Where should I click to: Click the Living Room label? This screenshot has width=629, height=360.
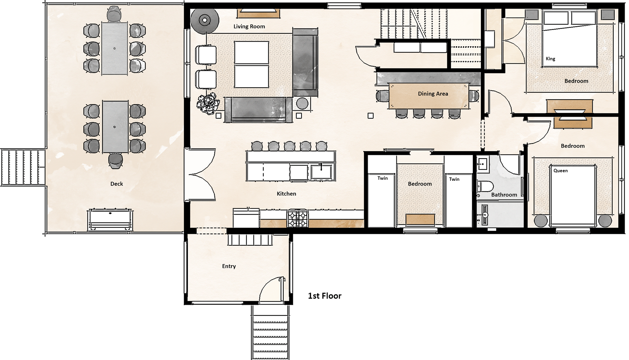pyautogui.click(x=249, y=27)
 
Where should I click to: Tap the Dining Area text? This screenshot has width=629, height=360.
pyautogui.click(x=433, y=94)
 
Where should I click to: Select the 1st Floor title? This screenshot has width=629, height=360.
pyautogui.click(x=324, y=296)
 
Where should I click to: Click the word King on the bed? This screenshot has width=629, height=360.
pyautogui.click(x=550, y=59)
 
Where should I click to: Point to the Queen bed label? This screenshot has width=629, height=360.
pyautogui.click(x=561, y=171)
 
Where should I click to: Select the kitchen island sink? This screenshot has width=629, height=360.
pyautogui.click(x=321, y=171)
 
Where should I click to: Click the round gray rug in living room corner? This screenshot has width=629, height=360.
pyautogui.click(x=205, y=20)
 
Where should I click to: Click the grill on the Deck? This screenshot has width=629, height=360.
pyautogui.click(x=110, y=219)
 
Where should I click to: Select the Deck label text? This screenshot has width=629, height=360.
pyautogui.click(x=117, y=184)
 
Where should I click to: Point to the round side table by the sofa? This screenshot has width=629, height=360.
pyautogui.click(x=302, y=103)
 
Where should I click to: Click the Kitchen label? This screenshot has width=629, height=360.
pyautogui.click(x=286, y=194)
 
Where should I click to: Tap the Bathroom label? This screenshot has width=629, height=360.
pyautogui.click(x=504, y=195)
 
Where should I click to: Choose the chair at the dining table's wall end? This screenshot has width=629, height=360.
pyautogui.click(x=474, y=96)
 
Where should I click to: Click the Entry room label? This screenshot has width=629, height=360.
pyautogui.click(x=229, y=266)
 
